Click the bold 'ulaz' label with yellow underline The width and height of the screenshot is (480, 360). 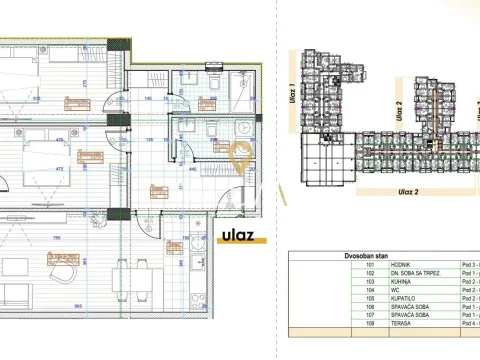(x=234, y=238)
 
